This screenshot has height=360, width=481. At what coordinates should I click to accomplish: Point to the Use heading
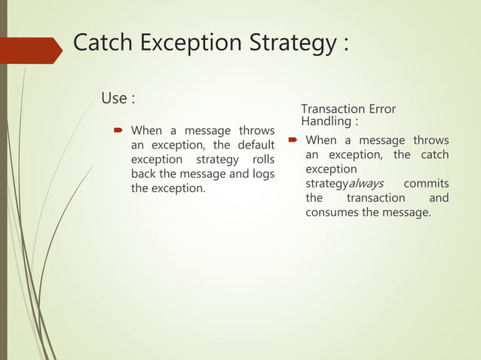(x=115, y=99)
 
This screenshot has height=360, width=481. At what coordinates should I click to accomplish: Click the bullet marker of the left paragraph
(x=118, y=131)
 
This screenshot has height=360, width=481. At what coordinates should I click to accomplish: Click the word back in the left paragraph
(x=144, y=174)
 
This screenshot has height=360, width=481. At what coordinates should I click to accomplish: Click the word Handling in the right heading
(x=326, y=121)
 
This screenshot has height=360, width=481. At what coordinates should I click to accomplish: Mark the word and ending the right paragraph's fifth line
(x=438, y=198)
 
